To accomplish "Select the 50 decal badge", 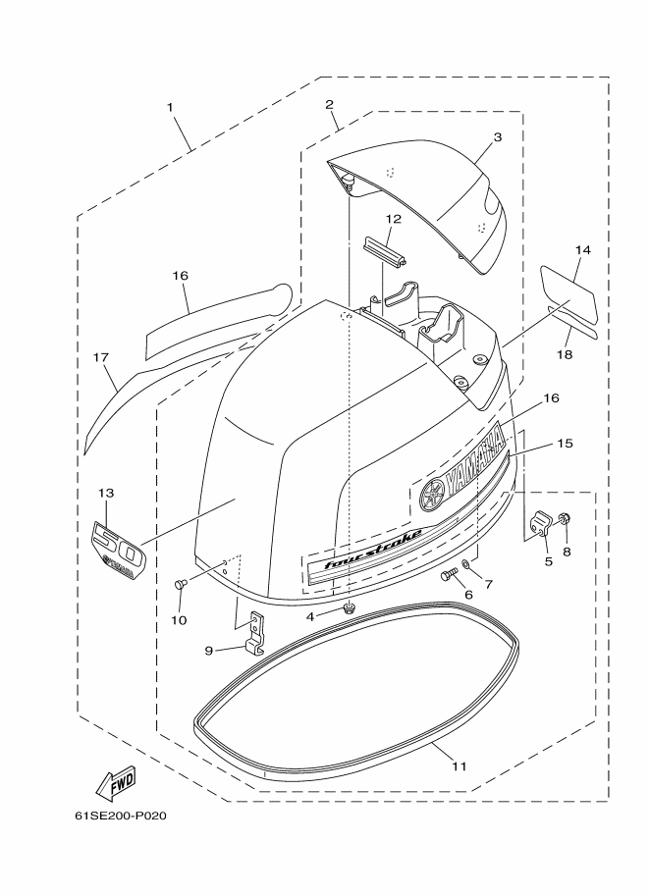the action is [118, 550].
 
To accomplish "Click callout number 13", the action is [106, 493].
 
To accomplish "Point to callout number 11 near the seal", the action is [460, 766].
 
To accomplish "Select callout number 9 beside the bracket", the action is [209, 651].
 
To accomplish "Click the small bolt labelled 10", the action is [180, 584].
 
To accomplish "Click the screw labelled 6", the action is [450, 574].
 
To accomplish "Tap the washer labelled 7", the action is [466, 564].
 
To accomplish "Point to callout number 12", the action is [393, 219].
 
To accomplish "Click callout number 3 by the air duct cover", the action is [498, 137].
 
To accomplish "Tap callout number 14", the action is [582, 249].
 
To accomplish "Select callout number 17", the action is [100, 358].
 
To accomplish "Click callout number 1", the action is [170, 107].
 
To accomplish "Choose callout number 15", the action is [565, 443].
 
